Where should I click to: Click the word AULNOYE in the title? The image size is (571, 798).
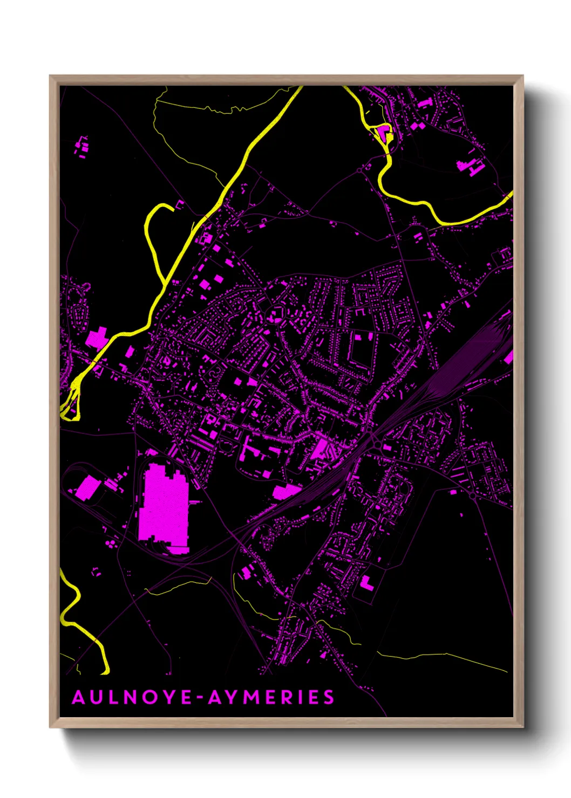click(132, 697)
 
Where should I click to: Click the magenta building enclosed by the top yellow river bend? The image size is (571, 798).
click(384, 132)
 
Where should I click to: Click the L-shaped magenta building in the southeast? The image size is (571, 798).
click(367, 584)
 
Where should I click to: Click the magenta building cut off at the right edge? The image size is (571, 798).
click(509, 356)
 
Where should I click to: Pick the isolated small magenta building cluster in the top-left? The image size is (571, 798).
click(82, 147)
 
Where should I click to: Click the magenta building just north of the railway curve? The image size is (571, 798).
click(286, 491)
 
